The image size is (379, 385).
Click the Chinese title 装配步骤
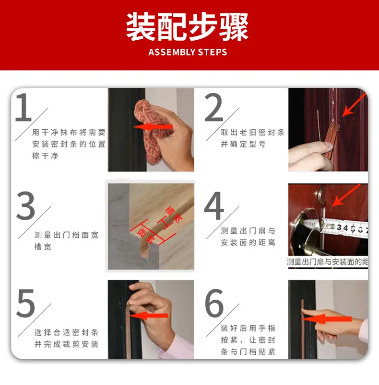pyautogui.click(x=187, y=27)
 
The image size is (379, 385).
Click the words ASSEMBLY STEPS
pyautogui.click(x=188, y=52)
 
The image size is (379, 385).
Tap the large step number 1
pyautogui.click(x=24, y=107)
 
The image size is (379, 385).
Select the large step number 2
pyautogui.click(x=213, y=107)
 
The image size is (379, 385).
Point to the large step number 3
pyautogui.click(x=25, y=205)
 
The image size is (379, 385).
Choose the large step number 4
pyautogui.click(x=214, y=205)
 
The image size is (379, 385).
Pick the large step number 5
pyautogui.click(x=25, y=303)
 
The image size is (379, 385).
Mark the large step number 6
pyautogui.click(x=214, y=303)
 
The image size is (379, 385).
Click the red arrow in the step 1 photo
pyautogui.click(x=153, y=127)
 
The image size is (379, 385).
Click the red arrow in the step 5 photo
pyautogui.click(x=149, y=315)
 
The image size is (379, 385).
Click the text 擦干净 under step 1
pyautogui.click(x=45, y=156)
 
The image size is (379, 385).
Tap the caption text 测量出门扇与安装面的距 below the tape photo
pyautogui.click(x=327, y=262)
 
